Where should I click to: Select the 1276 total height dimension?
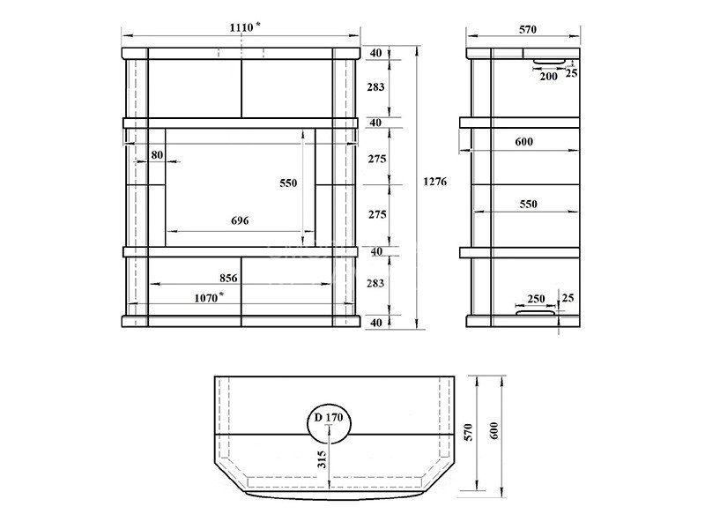click(x=435, y=182)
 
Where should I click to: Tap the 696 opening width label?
click(x=240, y=220)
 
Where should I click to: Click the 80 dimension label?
click(x=157, y=155)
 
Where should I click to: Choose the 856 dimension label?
click(x=228, y=278)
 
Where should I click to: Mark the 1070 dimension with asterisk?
click(x=209, y=297)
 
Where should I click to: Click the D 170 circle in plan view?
click(x=329, y=424)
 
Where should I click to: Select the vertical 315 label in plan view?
click(x=322, y=459)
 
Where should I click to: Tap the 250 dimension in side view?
click(x=536, y=299)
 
